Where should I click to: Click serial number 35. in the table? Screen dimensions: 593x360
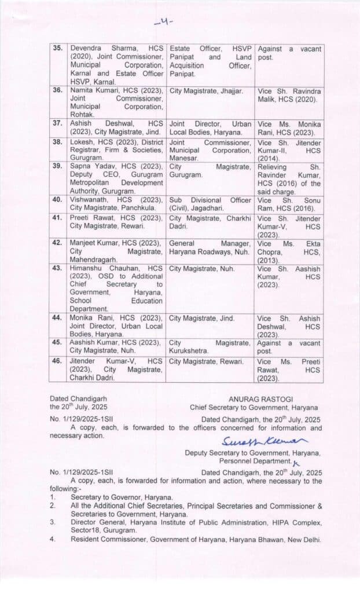pos(57,49)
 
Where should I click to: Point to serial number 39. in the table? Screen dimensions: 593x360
pos(57,166)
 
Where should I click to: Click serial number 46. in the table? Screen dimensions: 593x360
pos(57,361)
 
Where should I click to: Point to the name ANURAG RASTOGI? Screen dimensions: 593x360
pos(254,399)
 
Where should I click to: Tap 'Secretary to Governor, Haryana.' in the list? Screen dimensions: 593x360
pos(122,497)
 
